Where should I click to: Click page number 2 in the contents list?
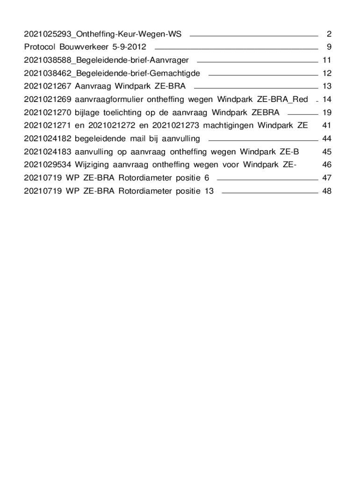[x=329, y=34]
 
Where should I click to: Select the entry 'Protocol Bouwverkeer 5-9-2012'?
[x=85, y=47]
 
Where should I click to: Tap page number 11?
[x=327, y=60]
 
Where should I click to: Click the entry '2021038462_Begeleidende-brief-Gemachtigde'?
[x=112, y=73]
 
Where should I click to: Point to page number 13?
[x=327, y=86]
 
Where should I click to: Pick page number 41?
[x=327, y=125]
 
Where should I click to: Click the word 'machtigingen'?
[x=229, y=125]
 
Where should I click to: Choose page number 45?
[x=327, y=152]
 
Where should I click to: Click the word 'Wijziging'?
[x=91, y=165]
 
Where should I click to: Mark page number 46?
[x=327, y=165]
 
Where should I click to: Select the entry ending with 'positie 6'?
[x=116, y=178]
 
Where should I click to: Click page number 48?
[x=327, y=191]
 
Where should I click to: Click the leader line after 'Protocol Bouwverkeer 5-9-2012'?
[x=236, y=48]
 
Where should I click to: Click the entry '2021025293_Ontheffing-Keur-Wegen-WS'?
[x=103, y=34]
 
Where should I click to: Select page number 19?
[x=327, y=112]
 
